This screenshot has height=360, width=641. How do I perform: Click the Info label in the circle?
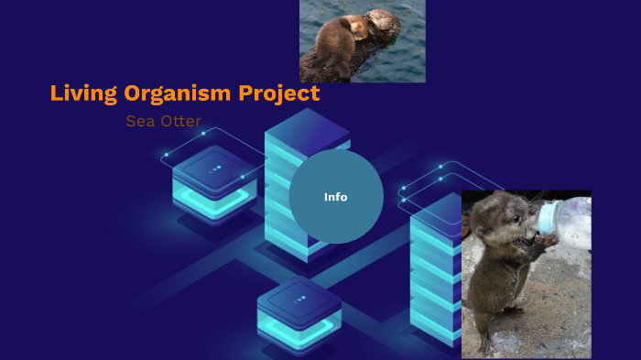point(336,197)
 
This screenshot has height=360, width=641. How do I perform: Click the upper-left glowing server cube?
point(214,180)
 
